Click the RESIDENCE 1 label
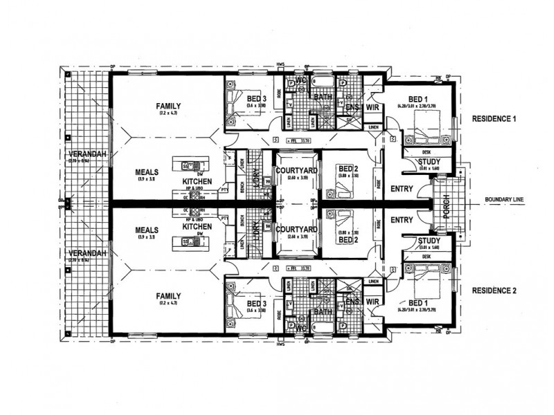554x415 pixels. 494,118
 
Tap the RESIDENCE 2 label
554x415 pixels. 494,290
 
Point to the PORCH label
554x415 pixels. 447,205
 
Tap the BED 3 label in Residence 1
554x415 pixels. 256,99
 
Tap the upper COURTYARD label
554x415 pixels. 296,170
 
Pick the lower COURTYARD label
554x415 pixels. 296,229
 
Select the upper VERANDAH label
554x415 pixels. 87,154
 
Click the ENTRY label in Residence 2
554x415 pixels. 402,219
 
